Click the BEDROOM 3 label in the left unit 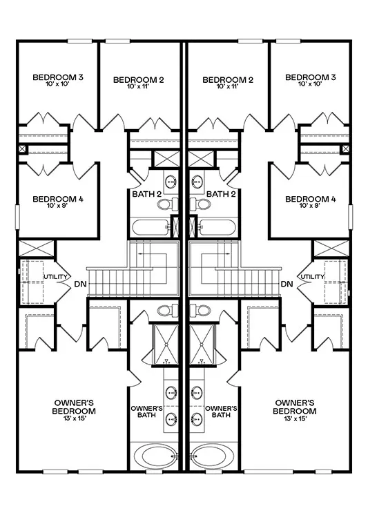click(58, 77)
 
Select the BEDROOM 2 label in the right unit click(228, 80)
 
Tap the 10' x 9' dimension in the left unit click(58, 206)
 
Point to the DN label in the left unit click(81, 284)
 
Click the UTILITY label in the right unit click(312, 277)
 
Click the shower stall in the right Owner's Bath click(202, 345)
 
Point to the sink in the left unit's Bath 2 click(171, 182)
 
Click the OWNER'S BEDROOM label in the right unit click(294, 407)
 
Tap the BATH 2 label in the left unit click(147, 194)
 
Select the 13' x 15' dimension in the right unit click(295, 418)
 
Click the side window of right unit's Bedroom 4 click(350, 217)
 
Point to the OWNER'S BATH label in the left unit click(146, 412)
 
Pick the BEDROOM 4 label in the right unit click(311, 199)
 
